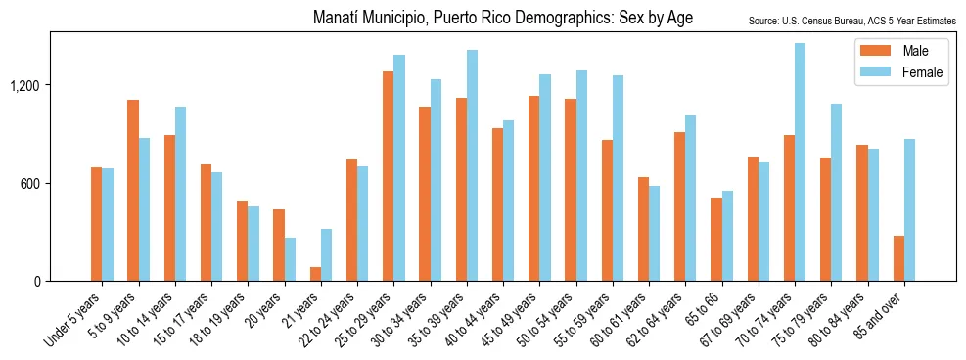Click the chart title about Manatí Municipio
tap(503, 19)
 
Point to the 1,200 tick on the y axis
tap(25, 85)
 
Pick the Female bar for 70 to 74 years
tap(800, 161)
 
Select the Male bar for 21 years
tap(315, 274)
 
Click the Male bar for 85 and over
tap(898, 258)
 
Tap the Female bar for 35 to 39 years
tap(472, 165)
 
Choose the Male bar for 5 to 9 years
tap(133, 190)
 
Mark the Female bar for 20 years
tap(290, 259)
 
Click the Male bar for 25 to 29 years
tap(388, 176)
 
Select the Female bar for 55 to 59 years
tap(618, 178)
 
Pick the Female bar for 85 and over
tap(909, 209)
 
